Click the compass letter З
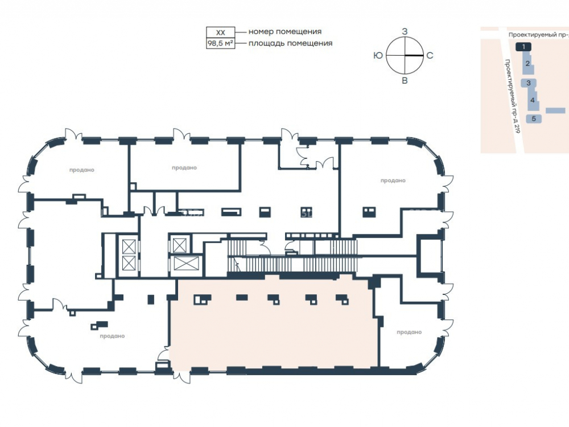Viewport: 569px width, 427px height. [405, 31]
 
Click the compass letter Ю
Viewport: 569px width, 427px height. [378, 55]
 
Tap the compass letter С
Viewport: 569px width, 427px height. [430, 55]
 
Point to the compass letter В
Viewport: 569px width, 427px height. [405, 81]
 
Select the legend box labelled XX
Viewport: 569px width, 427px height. [221, 32]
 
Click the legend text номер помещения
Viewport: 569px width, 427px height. [285, 31]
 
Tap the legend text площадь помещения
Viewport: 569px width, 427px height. [290, 43]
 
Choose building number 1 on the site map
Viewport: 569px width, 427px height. [523, 47]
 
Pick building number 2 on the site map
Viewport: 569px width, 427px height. [527, 64]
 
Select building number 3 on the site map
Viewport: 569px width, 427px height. [529, 83]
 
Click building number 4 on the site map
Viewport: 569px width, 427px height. [533, 100]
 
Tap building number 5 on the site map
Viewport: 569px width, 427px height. [534, 119]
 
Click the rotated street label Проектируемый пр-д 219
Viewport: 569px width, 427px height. [513, 96]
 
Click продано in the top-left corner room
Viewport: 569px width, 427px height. [81, 170]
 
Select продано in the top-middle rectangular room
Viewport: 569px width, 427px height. [184, 168]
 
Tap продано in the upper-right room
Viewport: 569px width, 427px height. [393, 180]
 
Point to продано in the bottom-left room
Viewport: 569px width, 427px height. [112, 336]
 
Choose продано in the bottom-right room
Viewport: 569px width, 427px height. [409, 332]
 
